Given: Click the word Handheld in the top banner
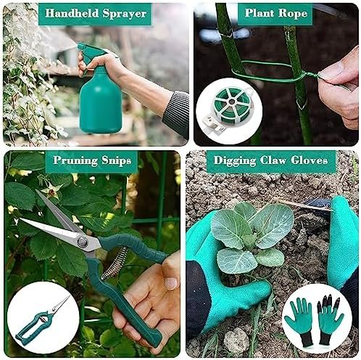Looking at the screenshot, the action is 72,13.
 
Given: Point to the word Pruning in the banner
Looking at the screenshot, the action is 75,161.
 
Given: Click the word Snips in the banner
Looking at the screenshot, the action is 116,161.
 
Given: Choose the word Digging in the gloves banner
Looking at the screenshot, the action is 235,161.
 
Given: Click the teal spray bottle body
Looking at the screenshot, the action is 101,102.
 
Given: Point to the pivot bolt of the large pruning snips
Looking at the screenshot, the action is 83,241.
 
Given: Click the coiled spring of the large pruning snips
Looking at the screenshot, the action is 115,263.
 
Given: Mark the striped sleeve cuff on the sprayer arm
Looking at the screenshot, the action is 176,112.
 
